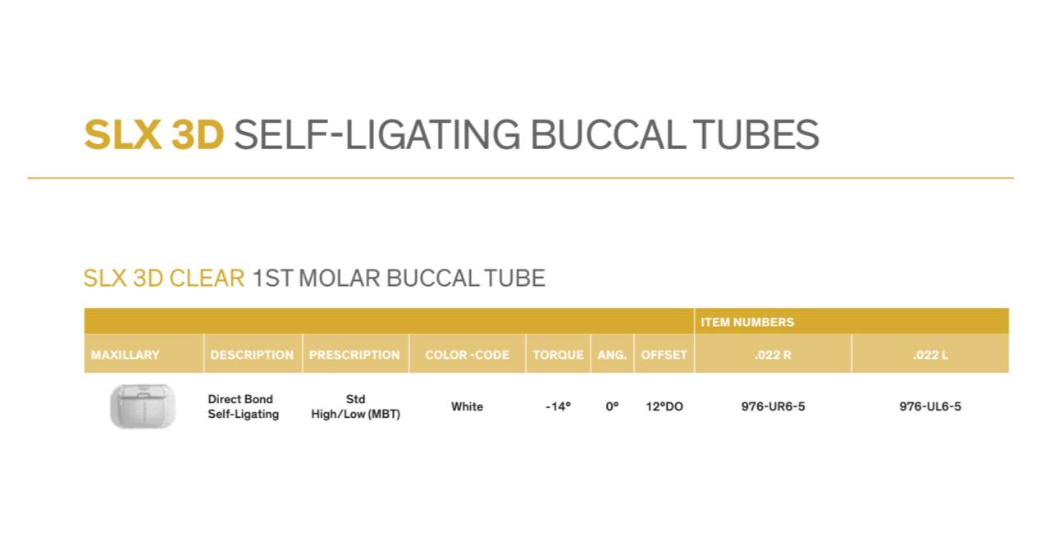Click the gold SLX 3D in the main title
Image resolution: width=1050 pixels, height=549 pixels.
pos(153,135)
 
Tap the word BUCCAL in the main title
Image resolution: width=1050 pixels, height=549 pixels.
pos(605,135)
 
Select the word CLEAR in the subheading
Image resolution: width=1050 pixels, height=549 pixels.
pos(207,279)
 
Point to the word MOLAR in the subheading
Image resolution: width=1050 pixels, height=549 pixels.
pos(340,279)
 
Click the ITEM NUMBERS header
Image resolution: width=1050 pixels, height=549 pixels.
pos(747,322)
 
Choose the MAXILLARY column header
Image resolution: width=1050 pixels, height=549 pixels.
pos(126,355)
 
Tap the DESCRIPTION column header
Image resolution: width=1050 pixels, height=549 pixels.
pos(252,355)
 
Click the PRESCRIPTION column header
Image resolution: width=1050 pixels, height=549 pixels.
pos(354,355)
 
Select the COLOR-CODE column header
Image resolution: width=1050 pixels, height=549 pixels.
pos(467,355)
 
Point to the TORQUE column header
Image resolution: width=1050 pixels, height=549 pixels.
pos(558,355)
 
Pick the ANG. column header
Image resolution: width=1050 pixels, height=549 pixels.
pos(612,355)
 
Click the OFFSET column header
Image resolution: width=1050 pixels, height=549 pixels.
pos(664,355)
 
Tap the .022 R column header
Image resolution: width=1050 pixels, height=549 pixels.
pos(773,355)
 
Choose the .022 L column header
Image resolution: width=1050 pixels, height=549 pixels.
pos(930,355)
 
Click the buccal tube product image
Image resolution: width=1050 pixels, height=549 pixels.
pos(143,406)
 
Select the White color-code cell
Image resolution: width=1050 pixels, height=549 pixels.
pos(467,406)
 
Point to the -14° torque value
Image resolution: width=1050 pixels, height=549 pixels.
pos(558,406)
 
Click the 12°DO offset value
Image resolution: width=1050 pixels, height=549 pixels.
pos(664,406)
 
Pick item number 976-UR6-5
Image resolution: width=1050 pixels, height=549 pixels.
pos(773,406)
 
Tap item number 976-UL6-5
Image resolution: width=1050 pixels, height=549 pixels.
pos(930,406)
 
